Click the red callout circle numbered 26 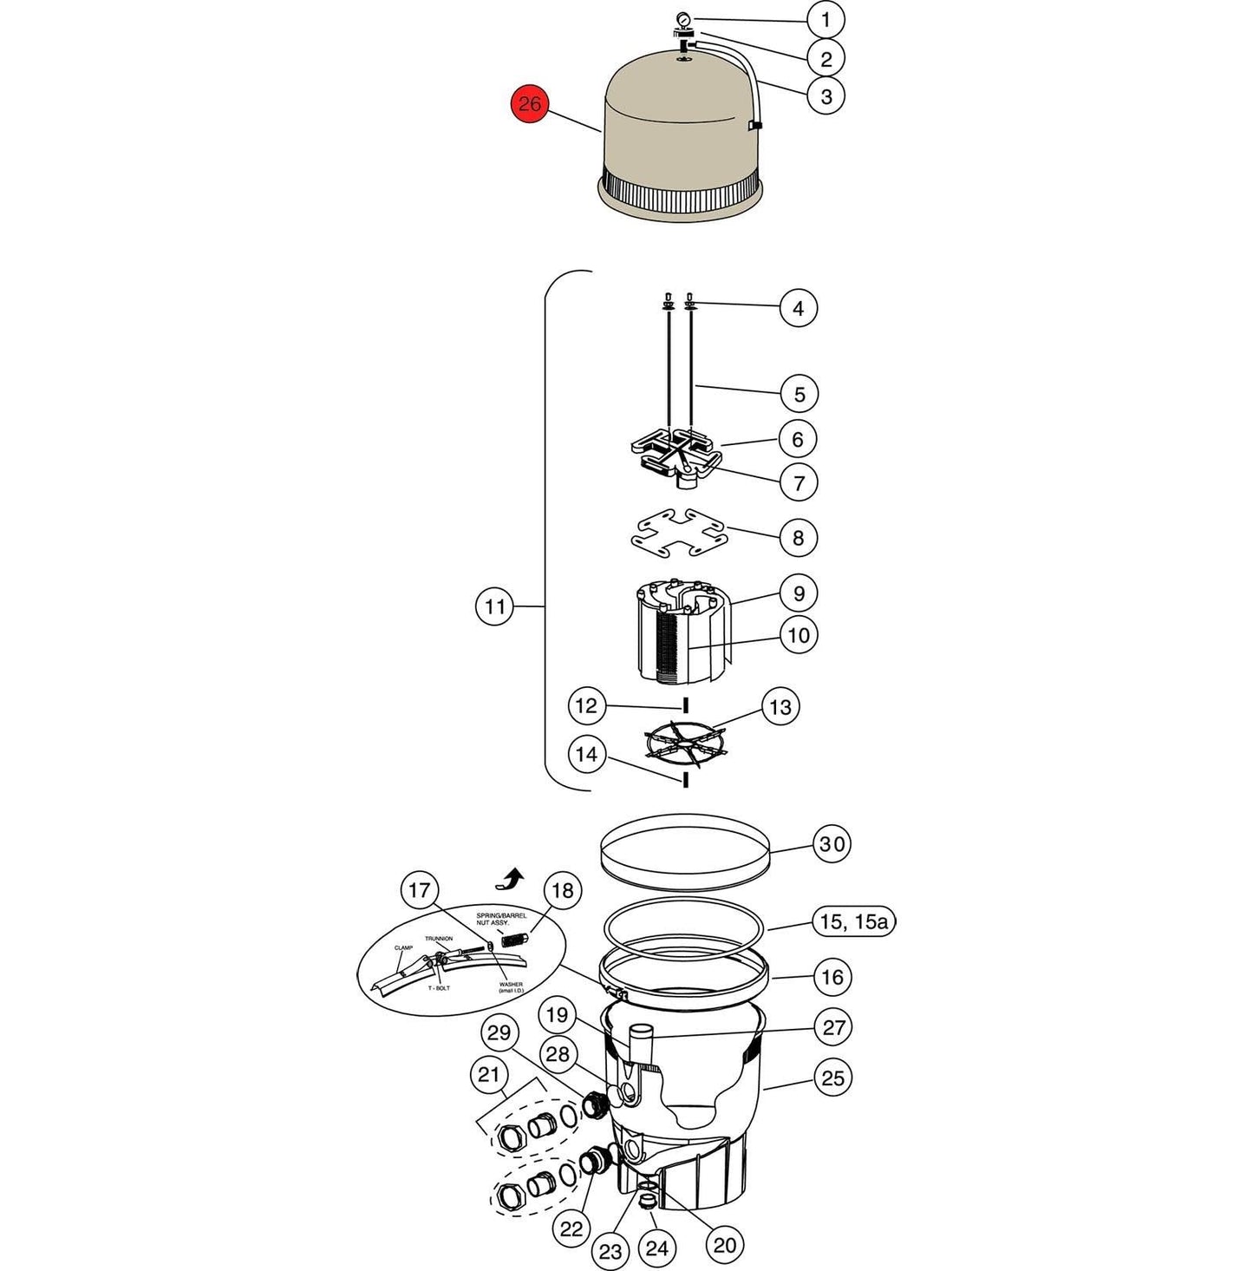pos(529,105)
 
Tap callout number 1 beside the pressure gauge pos(826,20)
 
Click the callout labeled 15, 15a pos(853,921)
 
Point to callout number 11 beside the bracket pos(494,606)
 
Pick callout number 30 pos(832,844)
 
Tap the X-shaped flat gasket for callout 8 pos(679,533)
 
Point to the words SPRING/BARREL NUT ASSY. pos(501,919)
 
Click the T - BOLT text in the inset pos(438,988)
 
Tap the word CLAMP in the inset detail pos(403,947)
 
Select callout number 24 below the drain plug pos(657,1248)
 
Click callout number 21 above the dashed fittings pos(489,1076)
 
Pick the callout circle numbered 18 pos(562,891)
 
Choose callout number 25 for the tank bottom pos(832,1078)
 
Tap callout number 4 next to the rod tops pos(798,308)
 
